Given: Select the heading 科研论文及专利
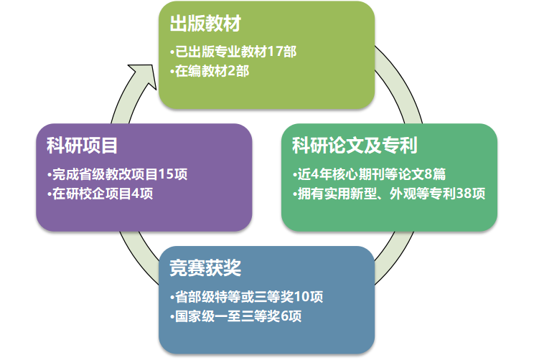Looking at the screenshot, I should [x=355, y=146].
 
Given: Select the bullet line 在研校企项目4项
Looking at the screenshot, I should [x=100, y=194].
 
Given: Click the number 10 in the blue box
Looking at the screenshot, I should [x=302, y=297].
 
